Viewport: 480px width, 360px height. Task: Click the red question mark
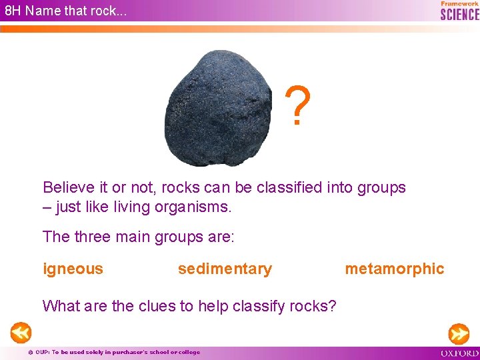(x=298, y=107)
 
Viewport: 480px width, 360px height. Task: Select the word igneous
(x=73, y=269)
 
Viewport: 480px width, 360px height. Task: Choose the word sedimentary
(x=225, y=269)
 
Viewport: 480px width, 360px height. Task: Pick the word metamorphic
(x=394, y=269)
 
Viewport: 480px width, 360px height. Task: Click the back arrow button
(x=21, y=332)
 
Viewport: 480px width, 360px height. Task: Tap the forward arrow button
(x=459, y=332)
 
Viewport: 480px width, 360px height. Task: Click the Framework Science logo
(x=459, y=11)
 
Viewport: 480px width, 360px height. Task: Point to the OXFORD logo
(x=459, y=353)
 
